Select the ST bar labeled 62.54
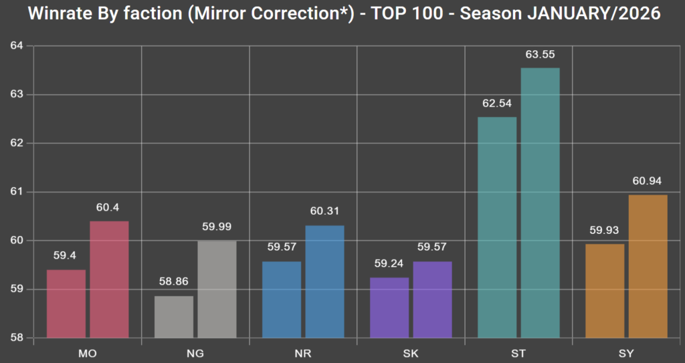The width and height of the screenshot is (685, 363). click(x=497, y=227)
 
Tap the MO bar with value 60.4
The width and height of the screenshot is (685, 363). click(x=109, y=279)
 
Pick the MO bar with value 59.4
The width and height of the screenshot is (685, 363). click(x=66, y=304)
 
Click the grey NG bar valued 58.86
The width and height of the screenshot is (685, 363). click(x=174, y=317)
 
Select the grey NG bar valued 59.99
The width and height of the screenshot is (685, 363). click(x=217, y=289)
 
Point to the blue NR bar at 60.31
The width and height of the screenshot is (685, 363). click(x=324, y=281)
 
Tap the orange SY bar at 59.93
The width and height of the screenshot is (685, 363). click(x=605, y=291)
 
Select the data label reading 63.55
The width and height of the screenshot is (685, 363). click(x=540, y=54)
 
